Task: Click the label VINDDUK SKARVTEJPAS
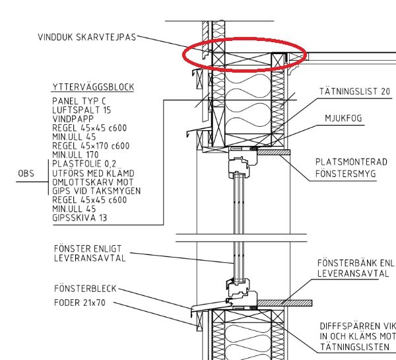87,37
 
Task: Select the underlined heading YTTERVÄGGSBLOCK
93,87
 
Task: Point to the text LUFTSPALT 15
82,110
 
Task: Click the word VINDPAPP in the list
73,119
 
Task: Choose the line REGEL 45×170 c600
91,146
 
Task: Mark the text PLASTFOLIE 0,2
84,164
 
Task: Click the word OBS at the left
26,174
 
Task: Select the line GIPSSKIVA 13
80,218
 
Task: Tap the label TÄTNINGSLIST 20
355,91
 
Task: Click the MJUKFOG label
343,118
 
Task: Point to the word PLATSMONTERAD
351,162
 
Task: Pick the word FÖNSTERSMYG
346,174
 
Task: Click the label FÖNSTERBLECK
85,289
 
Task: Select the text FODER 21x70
80,303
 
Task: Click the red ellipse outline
244,38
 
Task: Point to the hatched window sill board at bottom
284,303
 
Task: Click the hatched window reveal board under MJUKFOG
273,152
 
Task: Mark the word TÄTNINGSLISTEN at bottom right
354,347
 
